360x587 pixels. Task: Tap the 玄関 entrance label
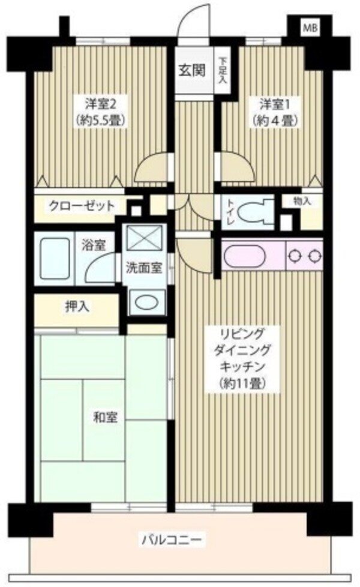tap(191, 70)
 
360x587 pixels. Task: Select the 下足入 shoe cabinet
tap(222, 70)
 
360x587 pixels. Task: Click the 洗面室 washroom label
tap(144, 268)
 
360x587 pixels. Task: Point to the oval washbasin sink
tap(147, 302)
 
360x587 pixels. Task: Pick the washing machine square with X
tap(144, 239)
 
